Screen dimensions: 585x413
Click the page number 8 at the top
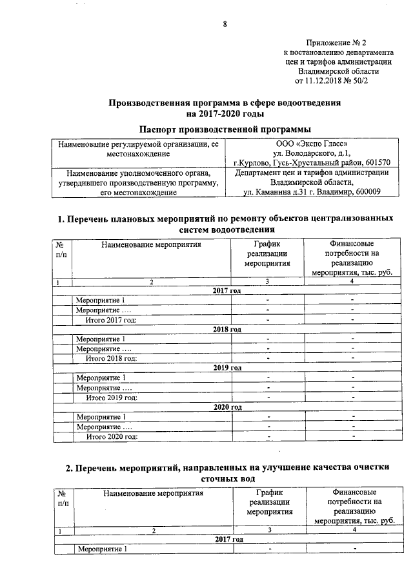tap(225, 25)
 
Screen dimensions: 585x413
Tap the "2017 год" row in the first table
tap(227, 291)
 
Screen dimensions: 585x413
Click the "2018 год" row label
tap(227, 329)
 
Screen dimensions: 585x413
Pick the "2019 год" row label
tap(227, 368)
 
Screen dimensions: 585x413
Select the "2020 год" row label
tap(227, 407)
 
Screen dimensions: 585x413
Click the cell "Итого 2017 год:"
tap(112, 319)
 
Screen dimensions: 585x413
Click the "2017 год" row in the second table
tap(228, 539)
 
